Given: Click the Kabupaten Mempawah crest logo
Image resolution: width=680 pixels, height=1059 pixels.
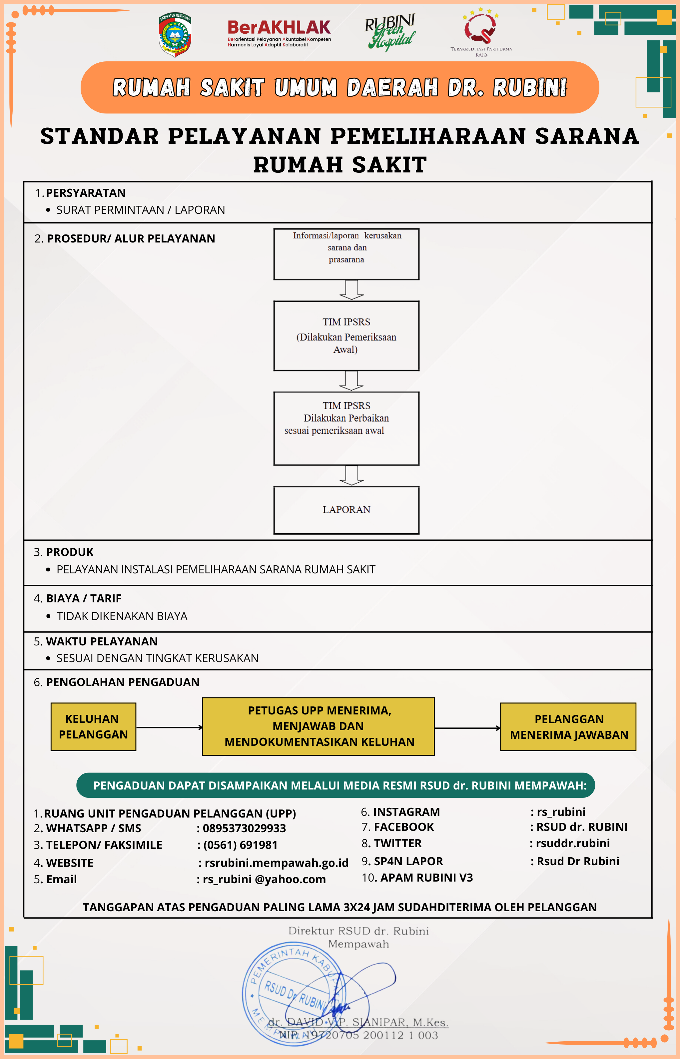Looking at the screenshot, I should point(175,34).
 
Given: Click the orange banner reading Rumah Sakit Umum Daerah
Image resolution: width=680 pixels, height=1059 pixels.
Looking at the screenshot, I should point(340,87).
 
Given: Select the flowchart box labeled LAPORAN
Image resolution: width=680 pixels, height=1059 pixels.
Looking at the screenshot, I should point(346,510).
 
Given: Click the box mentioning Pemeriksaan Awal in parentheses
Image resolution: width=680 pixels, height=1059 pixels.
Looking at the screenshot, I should point(346,336).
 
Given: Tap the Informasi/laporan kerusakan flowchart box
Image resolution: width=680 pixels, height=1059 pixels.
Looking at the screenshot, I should point(346,254).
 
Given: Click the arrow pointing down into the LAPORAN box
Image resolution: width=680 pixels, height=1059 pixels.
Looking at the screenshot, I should point(351,476).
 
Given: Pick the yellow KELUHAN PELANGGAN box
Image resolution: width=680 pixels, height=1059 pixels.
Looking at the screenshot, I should point(93,727).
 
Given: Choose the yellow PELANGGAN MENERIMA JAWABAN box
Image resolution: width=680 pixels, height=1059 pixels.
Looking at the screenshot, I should point(568,727).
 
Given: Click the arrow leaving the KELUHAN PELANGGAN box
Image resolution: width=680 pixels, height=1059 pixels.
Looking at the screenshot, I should point(169,727).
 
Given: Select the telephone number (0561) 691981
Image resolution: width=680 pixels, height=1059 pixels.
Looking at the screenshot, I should point(240,845).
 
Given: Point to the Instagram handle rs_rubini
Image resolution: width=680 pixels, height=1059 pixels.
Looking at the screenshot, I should point(561,812).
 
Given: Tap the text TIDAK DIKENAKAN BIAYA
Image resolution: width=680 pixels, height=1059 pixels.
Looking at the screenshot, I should point(122,616).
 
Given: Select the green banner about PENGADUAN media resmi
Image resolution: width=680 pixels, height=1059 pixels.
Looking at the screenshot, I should point(336,785).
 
